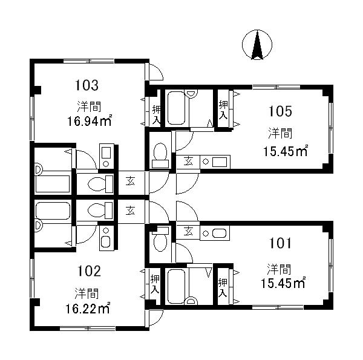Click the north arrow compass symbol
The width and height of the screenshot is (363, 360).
tap(257, 45)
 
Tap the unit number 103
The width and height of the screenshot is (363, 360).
tap(87, 85)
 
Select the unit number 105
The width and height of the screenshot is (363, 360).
tap(280, 111)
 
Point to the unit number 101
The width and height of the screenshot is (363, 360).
tap(280, 243)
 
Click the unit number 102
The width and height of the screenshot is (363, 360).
tap(89, 271)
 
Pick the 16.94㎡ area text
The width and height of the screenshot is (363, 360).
tap(90, 120)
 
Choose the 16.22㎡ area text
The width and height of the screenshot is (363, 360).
tap(88, 309)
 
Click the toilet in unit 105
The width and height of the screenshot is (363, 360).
tap(160, 155)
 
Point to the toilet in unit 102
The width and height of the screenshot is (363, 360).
tap(100, 210)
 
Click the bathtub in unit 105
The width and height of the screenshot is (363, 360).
tap(177, 108)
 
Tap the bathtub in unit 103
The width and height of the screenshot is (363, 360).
tap(53, 184)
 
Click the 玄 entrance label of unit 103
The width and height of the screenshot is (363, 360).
tap(130, 182)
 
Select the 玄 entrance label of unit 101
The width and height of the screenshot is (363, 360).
tap(188, 231)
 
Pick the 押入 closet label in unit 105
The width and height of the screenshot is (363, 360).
tap(223, 110)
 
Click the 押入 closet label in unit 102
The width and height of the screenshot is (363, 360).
tap(155, 284)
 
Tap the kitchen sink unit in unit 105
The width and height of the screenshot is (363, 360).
tap(215, 162)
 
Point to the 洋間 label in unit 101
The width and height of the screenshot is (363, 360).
tap(279, 269)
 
